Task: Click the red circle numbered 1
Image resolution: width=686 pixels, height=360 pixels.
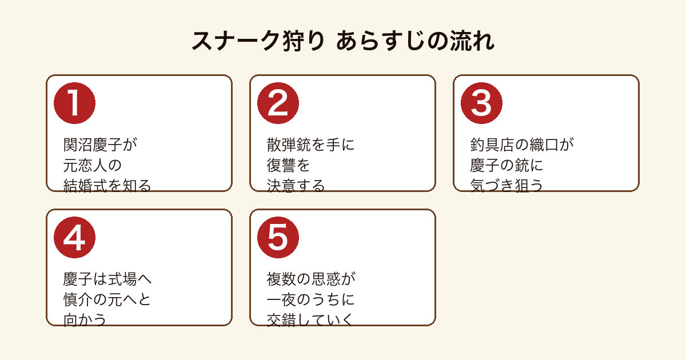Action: tap(74, 103)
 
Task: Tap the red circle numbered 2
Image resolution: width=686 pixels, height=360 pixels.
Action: tap(278, 103)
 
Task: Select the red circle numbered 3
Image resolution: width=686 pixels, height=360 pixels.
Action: tap(481, 103)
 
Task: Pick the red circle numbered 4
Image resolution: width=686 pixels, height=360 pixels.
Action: tap(74, 238)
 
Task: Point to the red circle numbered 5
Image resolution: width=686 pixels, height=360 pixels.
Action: tap(278, 238)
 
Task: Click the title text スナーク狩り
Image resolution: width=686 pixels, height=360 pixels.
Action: tap(258, 41)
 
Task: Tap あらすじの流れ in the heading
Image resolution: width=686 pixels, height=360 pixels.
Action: tap(415, 41)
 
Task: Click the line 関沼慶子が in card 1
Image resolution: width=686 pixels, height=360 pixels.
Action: tap(100, 145)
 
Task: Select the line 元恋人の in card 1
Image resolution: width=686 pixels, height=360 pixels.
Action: tap(93, 165)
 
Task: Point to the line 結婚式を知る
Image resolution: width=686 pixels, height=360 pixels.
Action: tap(107, 186)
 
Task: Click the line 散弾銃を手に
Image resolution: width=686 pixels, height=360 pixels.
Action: tap(310, 145)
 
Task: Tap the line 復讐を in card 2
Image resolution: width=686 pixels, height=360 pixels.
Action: tap(289, 165)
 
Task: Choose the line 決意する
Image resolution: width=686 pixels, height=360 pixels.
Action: tap(296, 186)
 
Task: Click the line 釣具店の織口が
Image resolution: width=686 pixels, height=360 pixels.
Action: tap(522, 145)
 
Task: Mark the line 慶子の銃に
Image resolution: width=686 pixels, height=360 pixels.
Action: tap(506, 165)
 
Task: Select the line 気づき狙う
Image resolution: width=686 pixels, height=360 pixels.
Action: tap(506, 186)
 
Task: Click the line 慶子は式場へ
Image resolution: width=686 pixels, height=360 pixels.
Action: tap(107, 279)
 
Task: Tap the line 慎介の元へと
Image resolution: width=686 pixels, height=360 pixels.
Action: tap(107, 299)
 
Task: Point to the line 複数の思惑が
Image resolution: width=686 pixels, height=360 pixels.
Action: tap(311, 279)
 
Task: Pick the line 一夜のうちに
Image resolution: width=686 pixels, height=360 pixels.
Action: tap(310, 299)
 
